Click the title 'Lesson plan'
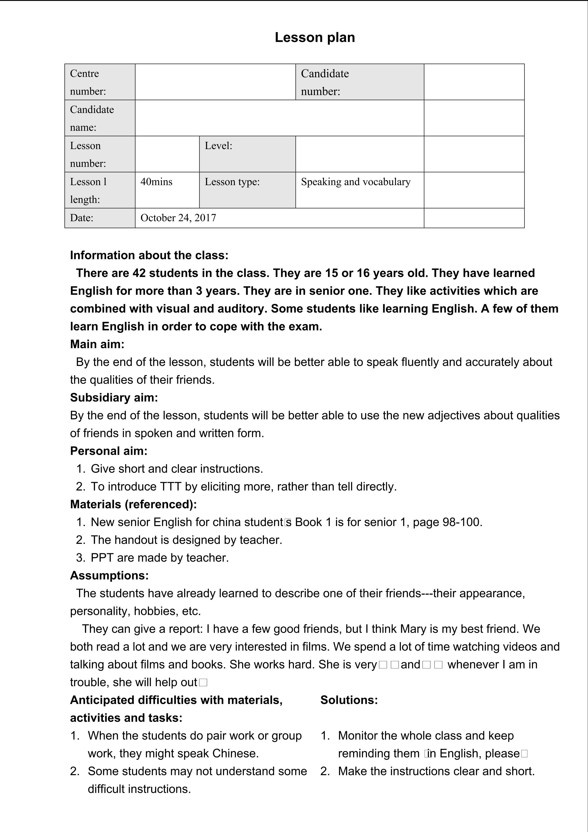(315, 37)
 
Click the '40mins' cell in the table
(156, 182)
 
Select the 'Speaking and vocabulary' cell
(356, 182)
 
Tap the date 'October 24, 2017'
(178, 218)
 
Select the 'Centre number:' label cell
(100, 82)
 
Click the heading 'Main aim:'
(97, 344)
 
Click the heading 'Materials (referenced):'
(133, 504)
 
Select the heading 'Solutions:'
(349, 700)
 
